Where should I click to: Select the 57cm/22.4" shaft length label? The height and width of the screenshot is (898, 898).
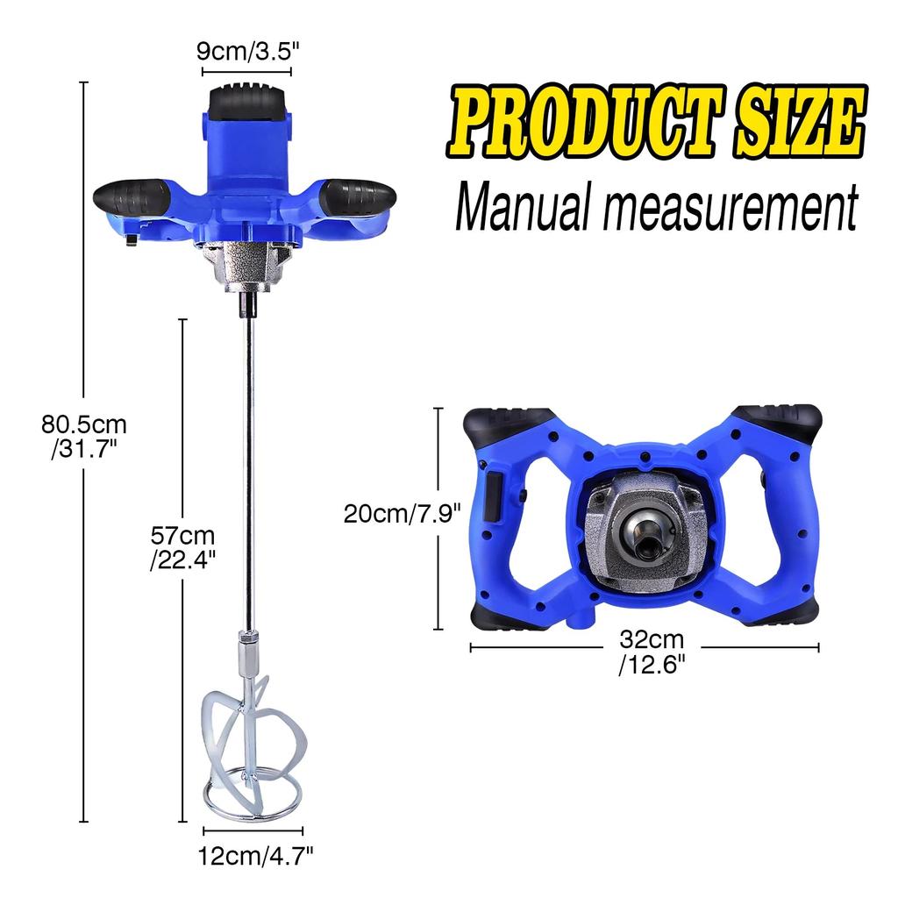pyautogui.click(x=182, y=547)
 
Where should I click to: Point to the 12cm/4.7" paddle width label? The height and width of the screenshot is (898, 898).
pyautogui.click(x=253, y=852)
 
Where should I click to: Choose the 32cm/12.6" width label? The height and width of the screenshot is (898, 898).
pyautogui.click(x=651, y=652)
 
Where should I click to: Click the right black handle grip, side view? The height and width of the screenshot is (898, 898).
pyautogui.click(x=355, y=196)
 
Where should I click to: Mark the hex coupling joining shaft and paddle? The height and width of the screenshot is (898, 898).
pyautogui.click(x=248, y=651)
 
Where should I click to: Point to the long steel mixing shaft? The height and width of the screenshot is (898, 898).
pyautogui.click(x=249, y=474)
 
